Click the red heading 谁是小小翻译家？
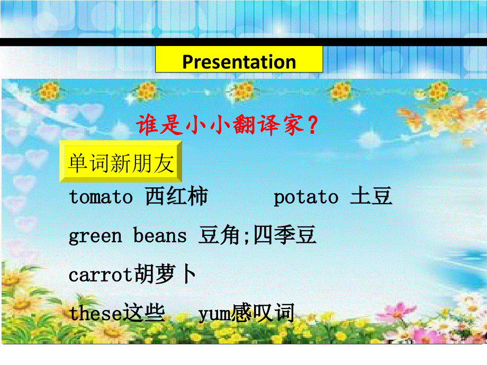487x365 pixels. (228, 126)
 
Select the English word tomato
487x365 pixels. (101, 198)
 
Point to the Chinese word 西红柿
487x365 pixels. (176, 197)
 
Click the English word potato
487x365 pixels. (305, 198)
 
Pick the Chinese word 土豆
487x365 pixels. (371, 197)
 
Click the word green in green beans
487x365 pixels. (95, 236)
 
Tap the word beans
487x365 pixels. (160, 236)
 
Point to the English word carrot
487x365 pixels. (101, 275)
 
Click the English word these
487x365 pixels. (95, 314)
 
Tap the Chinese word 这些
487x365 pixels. (143, 313)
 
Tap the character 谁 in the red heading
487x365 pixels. (147, 126)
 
